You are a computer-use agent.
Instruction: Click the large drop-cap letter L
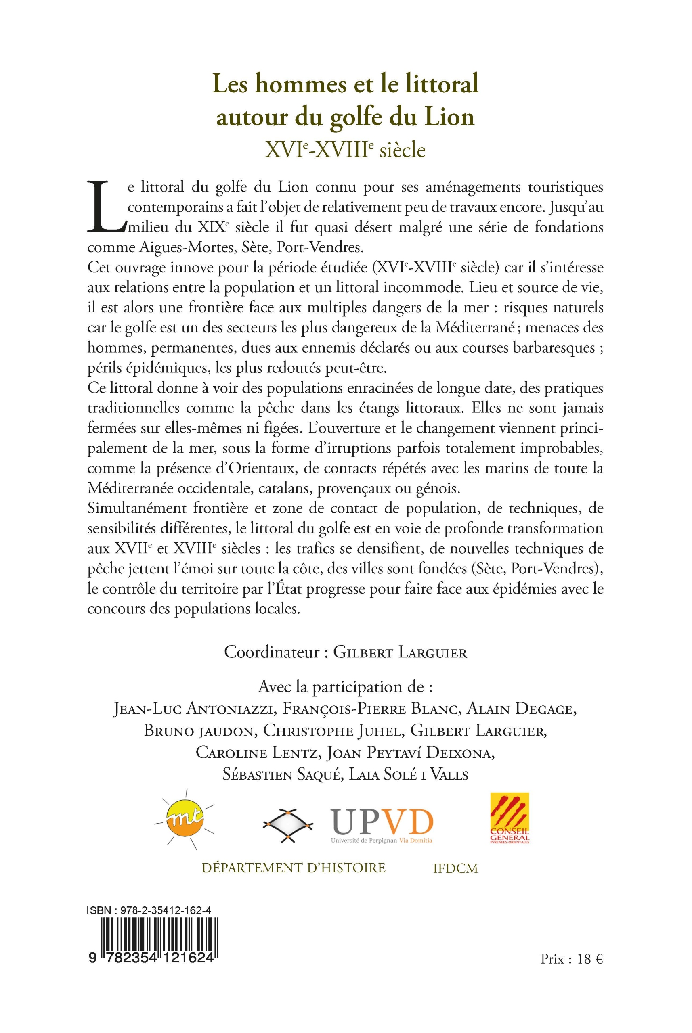[106, 207]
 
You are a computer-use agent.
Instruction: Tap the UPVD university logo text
[382, 821]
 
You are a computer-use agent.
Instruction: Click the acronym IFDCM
[456, 868]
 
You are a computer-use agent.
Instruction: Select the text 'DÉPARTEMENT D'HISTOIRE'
[294, 868]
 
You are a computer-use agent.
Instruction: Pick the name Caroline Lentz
[257, 753]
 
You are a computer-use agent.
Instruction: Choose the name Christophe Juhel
[333, 731]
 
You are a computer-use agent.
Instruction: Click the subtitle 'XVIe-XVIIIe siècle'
[345, 151]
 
